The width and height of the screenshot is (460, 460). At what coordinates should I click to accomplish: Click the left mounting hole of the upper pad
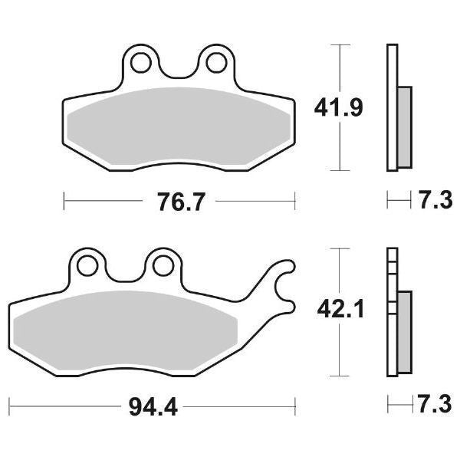pos(140,61)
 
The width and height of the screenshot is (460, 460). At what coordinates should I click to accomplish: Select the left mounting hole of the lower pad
pos(87,265)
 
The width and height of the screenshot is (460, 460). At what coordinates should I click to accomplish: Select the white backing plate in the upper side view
pos(393,107)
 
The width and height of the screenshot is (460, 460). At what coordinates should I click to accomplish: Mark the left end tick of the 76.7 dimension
pos(64,202)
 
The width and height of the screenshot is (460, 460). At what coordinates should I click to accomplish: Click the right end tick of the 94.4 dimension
pos(295,404)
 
